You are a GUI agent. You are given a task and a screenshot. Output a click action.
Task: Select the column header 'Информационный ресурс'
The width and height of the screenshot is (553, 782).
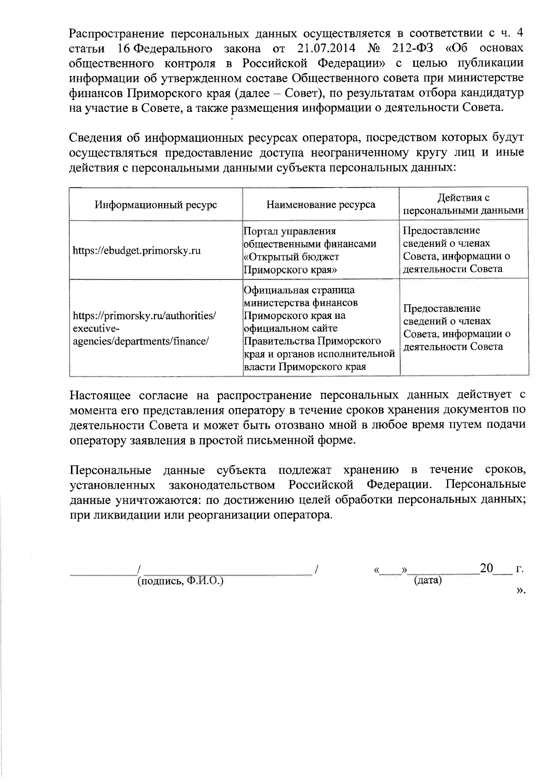(x=156, y=204)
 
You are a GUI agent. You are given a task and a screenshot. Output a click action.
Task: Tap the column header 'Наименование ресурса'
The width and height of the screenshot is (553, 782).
(x=321, y=204)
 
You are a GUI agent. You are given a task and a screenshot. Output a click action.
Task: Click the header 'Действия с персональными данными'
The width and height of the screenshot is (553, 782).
(x=463, y=204)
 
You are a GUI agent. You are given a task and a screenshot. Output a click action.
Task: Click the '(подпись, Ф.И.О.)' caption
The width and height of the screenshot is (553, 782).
(x=180, y=581)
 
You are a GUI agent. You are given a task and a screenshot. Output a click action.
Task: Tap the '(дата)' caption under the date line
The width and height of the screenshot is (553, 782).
(x=428, y=580)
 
